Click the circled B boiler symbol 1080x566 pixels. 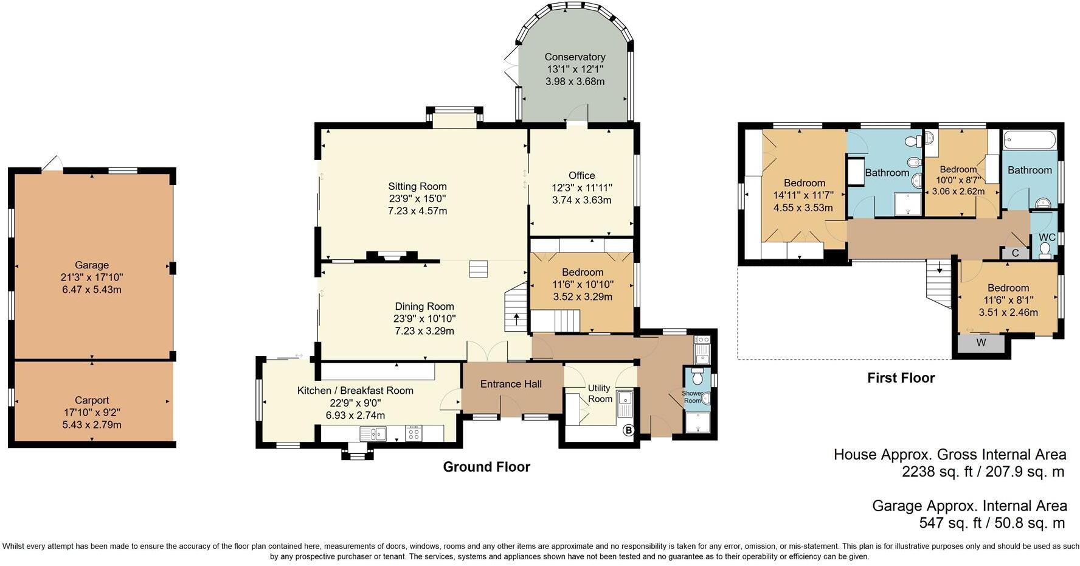tap(629, 431)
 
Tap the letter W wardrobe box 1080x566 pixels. tap(981, 343)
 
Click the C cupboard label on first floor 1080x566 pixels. tap(1016, 253)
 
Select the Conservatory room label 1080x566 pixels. tap(575, 57)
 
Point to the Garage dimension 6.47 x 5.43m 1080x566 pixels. tap(92, 290)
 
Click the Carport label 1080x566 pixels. tap(92, 400)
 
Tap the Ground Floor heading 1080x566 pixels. tap(486, 467)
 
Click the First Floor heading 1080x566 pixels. tap(901, 378)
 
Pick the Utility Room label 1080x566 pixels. tap(600, 393)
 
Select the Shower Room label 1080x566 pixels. tap(693, 397)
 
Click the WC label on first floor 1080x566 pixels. tap(1047, 237)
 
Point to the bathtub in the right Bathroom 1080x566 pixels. tap(1030, 140)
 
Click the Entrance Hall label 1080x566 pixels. tap(511, 384)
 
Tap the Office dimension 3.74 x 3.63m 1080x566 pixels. tap(581, 200)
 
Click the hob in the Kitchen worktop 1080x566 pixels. tap(414, 433)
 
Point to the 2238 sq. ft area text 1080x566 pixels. tap(983, 472)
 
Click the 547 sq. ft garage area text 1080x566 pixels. tap(992, 523)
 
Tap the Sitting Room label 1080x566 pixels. tap(417, 187)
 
